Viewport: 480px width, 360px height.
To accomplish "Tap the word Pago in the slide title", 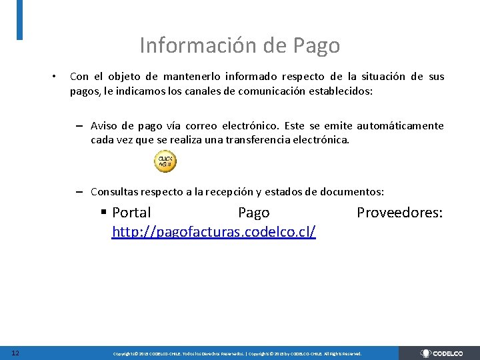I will (x=316, y=45).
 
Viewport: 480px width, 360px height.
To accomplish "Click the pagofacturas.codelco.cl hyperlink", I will (x=214, y=232).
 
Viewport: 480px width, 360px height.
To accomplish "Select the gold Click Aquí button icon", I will (x=165, y=161).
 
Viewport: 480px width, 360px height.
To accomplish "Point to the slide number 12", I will (x=15, y=353).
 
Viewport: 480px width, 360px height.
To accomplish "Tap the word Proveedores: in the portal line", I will (x=400, y=213).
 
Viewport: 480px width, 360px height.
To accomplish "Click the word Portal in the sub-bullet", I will (x=131, y=213).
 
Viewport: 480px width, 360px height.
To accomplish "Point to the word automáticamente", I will (x=400, y=126).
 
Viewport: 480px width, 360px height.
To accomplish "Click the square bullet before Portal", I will (x=104, y=212).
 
